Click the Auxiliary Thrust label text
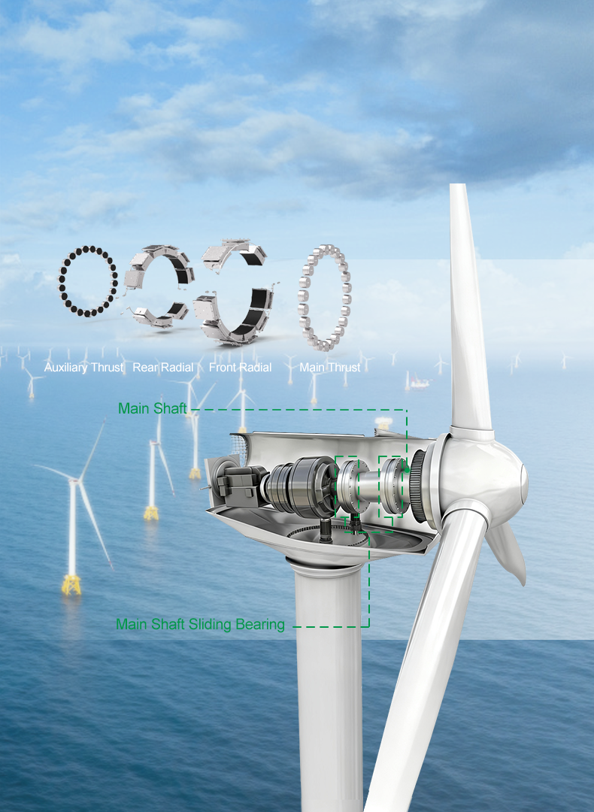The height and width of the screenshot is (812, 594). coord(84,368)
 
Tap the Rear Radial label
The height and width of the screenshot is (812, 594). coord(163,367)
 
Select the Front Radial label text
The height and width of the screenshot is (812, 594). coord(241,367)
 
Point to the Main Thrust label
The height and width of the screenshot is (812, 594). coord(330,367)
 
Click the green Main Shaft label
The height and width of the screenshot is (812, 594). coord(152,408)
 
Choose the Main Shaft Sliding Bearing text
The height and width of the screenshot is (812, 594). coord(201,625)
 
